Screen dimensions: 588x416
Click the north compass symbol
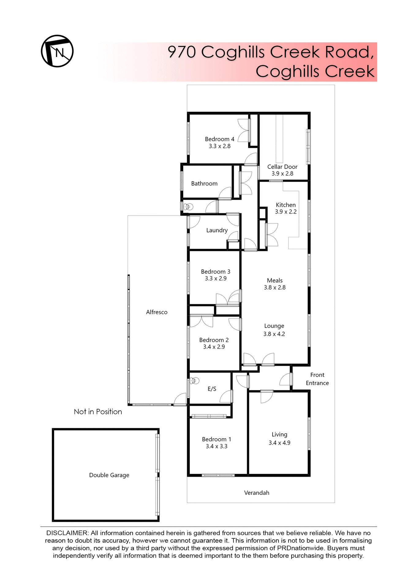coord(57,51)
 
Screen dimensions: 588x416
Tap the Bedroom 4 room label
coord(219,139)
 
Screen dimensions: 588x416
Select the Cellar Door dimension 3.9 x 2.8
coord(282,174)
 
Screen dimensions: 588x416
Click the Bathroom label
coord(204,183)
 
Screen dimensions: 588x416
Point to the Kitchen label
coord(286,205)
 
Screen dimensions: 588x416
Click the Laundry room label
coord(217,230)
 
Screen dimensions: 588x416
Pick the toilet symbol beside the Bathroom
coord(188,207)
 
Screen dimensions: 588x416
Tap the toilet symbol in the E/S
coord(195,381)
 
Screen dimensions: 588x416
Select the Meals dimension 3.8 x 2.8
coord(274,288)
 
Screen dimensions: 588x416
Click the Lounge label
coord(274,326)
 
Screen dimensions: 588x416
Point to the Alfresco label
coord(157,312)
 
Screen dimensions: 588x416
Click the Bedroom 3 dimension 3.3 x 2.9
coord(216,279)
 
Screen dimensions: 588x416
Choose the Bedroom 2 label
coord(214,340)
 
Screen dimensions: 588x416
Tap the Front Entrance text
coord(317,379)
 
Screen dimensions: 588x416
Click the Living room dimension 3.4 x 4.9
coord(279,443)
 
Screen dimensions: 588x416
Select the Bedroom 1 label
coord(216,439)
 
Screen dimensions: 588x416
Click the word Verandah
coord(256,493)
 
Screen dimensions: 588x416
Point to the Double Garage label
coord(109,475)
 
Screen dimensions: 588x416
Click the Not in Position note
coord(98,412)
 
